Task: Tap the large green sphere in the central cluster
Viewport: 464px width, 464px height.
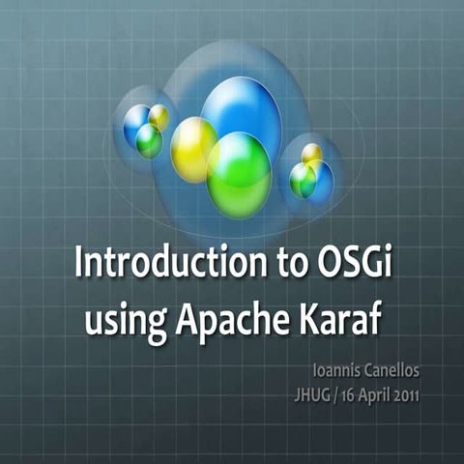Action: tap(238, 174)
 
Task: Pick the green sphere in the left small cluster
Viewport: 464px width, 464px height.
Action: tap(149, 141)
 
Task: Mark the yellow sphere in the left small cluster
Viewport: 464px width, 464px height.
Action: tap(159, 117)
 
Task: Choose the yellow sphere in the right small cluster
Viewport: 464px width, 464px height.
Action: tap(311, 155)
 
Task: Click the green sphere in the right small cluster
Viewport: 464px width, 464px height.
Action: tap(303, 181)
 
